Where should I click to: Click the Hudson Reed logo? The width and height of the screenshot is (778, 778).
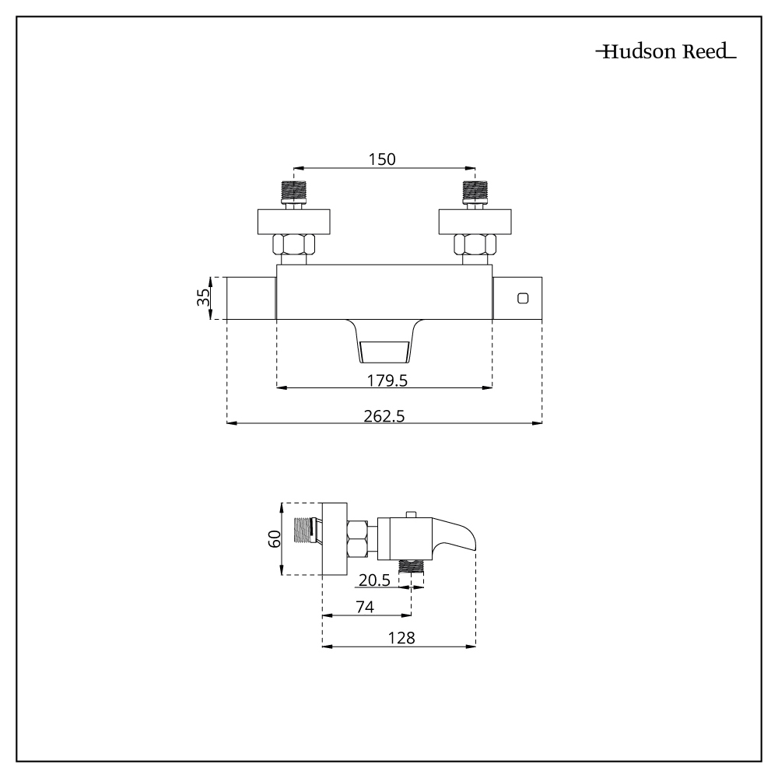[x=665, y=54]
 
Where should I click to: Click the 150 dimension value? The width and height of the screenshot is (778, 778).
[x=382, y=159]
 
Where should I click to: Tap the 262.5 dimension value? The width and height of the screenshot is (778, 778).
[x=384, y=416]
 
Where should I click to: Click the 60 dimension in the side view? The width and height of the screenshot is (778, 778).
[x=274, y=538]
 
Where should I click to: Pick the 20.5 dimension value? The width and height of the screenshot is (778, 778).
[x=374, y=580]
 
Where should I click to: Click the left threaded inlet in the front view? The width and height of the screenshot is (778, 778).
[x=293, y=191]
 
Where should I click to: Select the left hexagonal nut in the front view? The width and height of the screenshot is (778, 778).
[x=293, y=246]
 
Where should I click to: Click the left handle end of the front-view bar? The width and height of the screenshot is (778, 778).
[x=251, y=297]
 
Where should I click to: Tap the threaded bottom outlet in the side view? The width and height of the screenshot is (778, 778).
[x=412, y=566]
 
